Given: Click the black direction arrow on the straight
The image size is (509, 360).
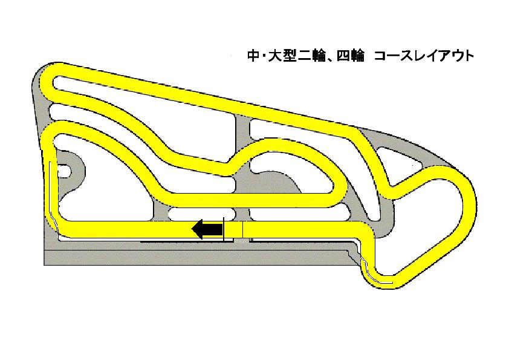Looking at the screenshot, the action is [x=207, y=229].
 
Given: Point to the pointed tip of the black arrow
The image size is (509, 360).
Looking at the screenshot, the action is [x=192, y=229].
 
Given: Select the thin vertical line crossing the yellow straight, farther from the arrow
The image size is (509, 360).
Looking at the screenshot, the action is [x=242, y=229].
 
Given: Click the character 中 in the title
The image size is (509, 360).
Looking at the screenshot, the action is [x=252, y=56].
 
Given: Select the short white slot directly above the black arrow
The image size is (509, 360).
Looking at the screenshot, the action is [x=203, y=214].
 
